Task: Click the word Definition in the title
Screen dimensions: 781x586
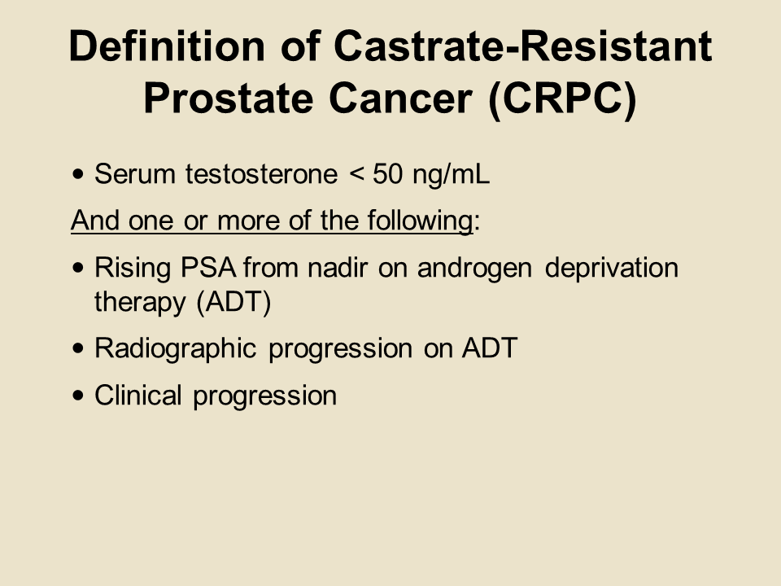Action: click(x=167, y=46)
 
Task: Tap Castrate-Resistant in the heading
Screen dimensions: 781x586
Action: click(x=523, y=46)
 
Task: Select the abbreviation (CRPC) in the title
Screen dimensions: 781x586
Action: click(x=563, y=98)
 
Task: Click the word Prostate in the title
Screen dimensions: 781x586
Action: click(x=229, y=98)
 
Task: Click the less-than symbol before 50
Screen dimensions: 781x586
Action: click(x=356, y=174)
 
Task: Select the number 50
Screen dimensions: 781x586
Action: click(x=387, y=174)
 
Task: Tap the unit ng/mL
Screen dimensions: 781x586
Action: click(x=452, y=175)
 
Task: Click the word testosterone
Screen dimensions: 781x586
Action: click(x=261, y=174)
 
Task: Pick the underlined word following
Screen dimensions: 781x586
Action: click(x=420, y=221)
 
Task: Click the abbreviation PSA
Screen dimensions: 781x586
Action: click(x=208, y=268)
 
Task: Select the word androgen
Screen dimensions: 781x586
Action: click(x=474, y=269)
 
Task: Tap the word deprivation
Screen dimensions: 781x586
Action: click(x=612, y=269)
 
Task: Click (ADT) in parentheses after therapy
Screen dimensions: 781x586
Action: click(x=233, y=302)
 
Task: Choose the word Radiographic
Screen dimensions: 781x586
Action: click(x=176, y=348)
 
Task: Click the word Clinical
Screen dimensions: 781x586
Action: click(x=138, y=396)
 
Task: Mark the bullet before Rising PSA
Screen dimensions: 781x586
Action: click(x=78, y=268)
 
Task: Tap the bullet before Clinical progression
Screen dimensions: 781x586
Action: click(x=78, y=396)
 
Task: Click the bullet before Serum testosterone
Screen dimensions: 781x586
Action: click(x=78, y=174)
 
